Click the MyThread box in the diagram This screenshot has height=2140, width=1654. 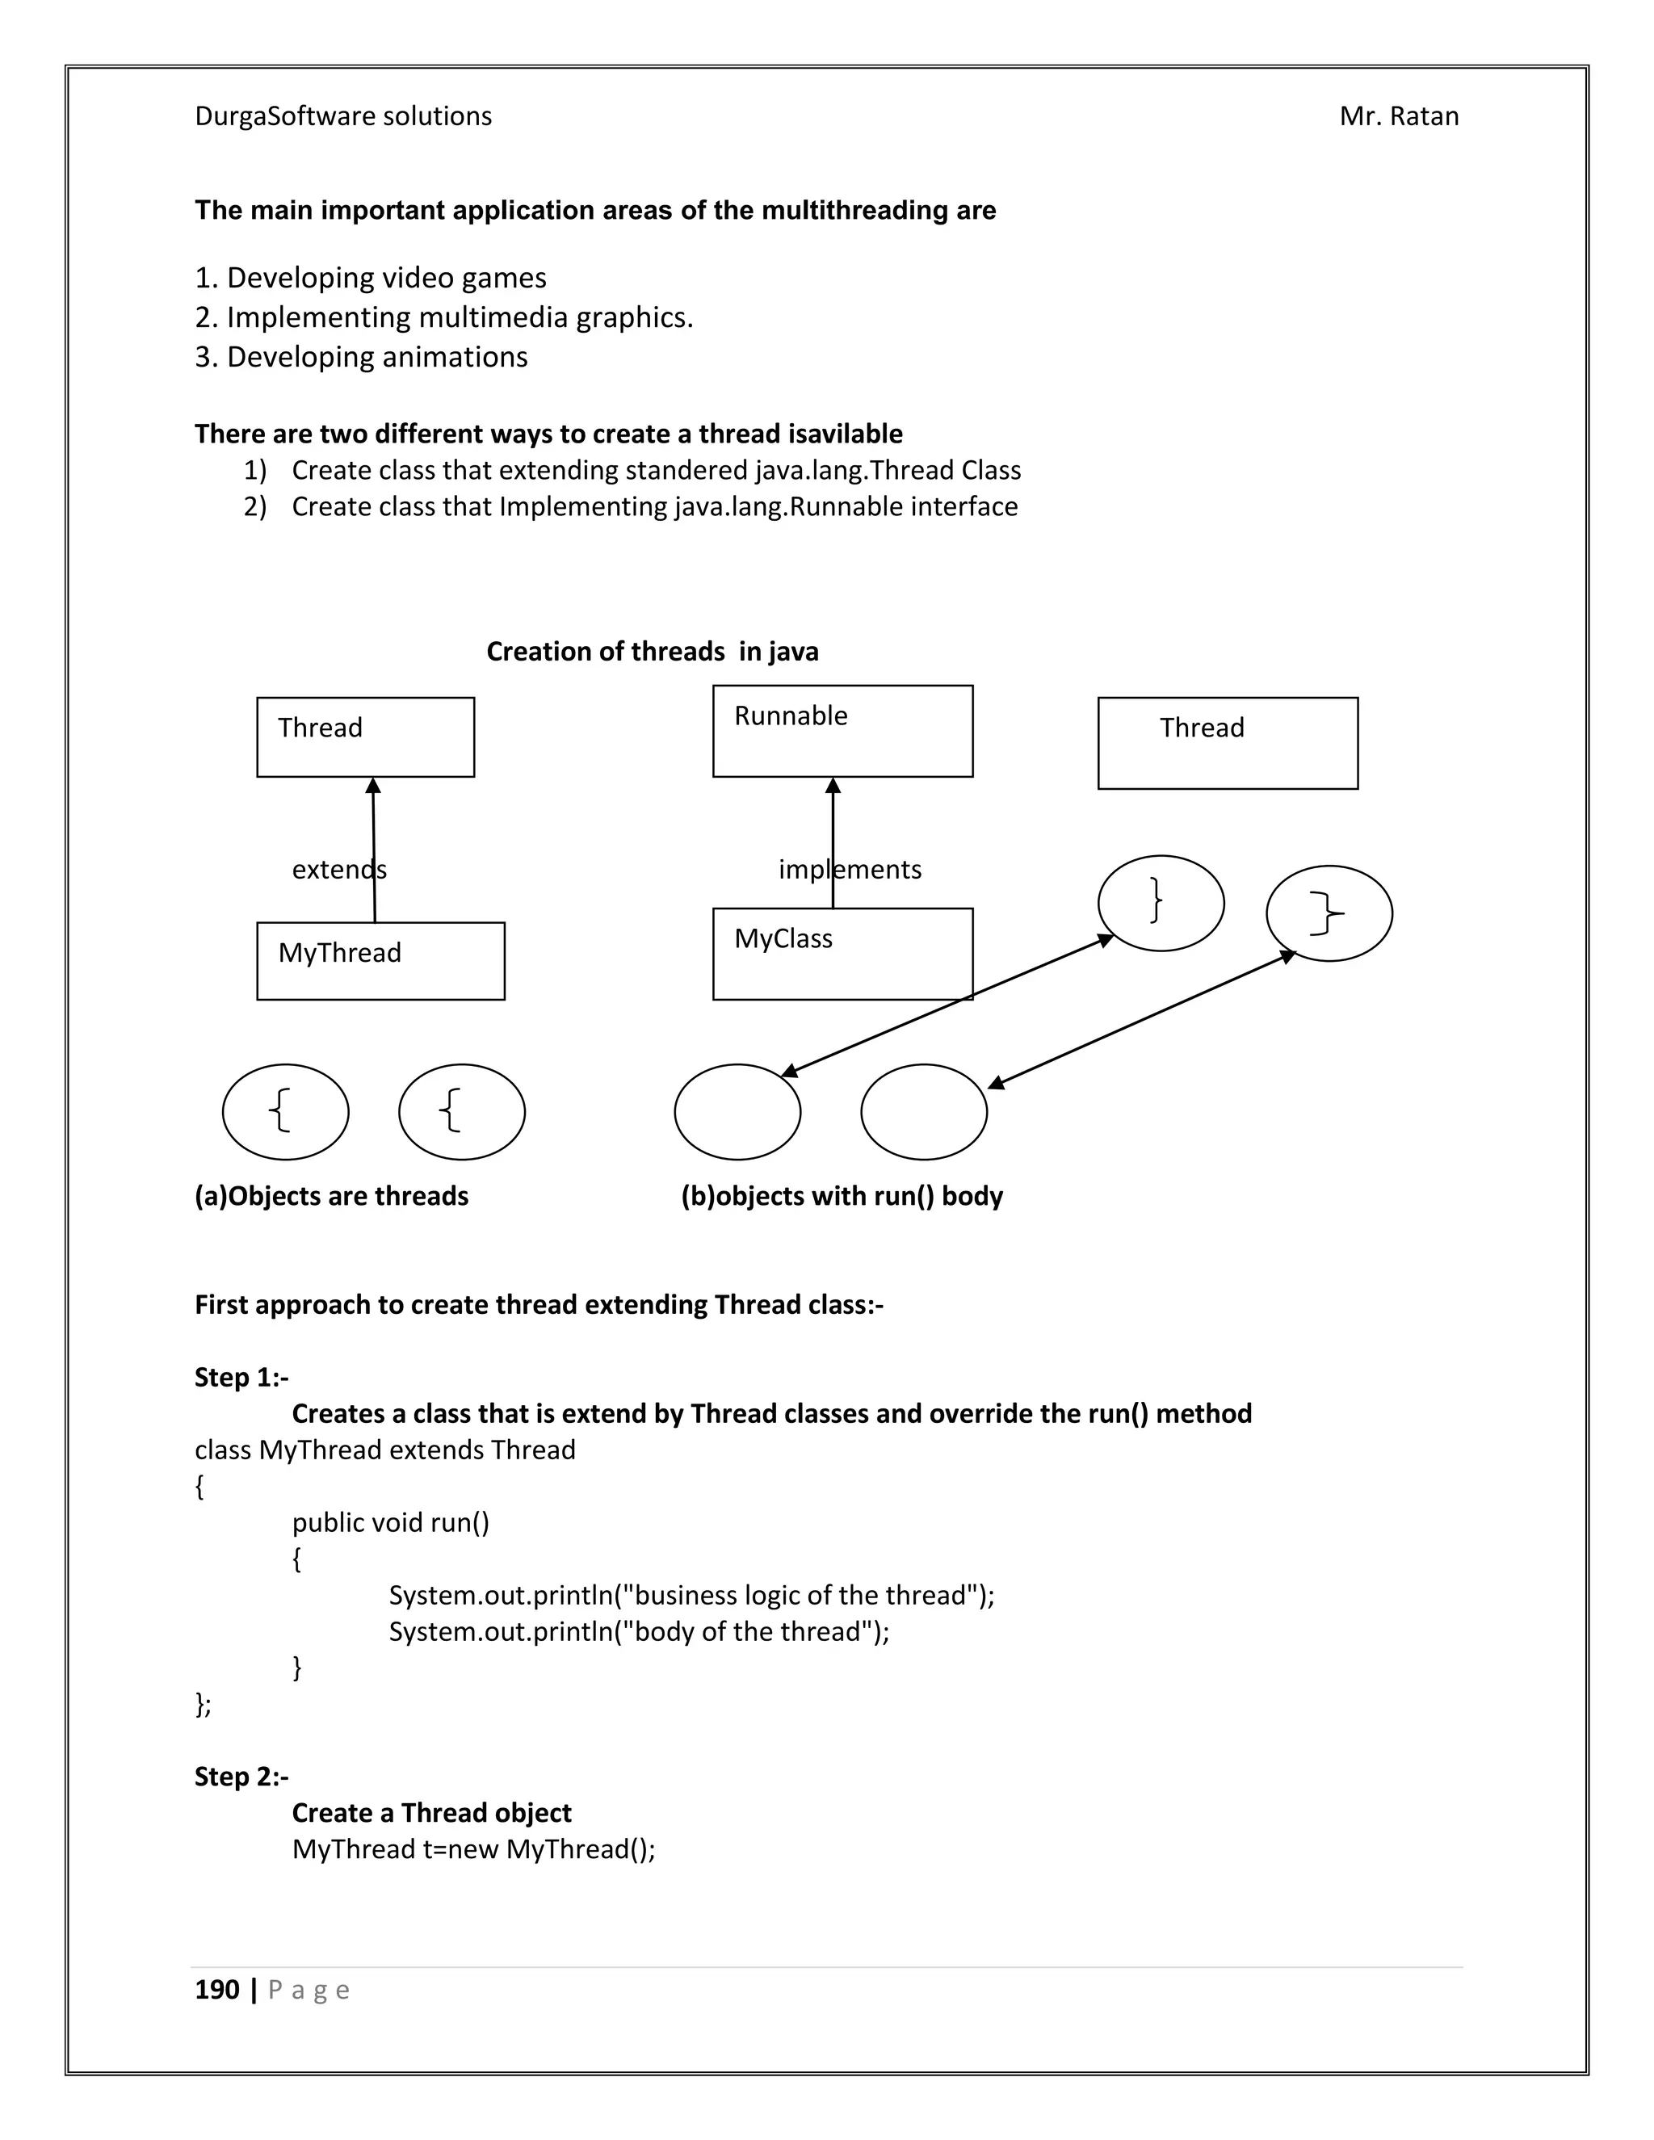point(380,960)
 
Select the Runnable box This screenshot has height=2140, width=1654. point(842,731)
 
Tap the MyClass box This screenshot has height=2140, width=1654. point(842,954)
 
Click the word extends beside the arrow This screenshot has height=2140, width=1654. point(339,869)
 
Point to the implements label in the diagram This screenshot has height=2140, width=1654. point(850,869)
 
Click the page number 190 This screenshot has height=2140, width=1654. point(217,1989)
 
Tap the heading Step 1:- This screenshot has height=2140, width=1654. point(241,1377)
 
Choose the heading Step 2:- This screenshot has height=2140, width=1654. point(241,1776)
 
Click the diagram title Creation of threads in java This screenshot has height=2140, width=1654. point(653,652)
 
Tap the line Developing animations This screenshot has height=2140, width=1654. point(376,357)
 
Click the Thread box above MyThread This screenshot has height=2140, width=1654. point(366,736)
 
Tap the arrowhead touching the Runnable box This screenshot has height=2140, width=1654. point(833,785)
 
